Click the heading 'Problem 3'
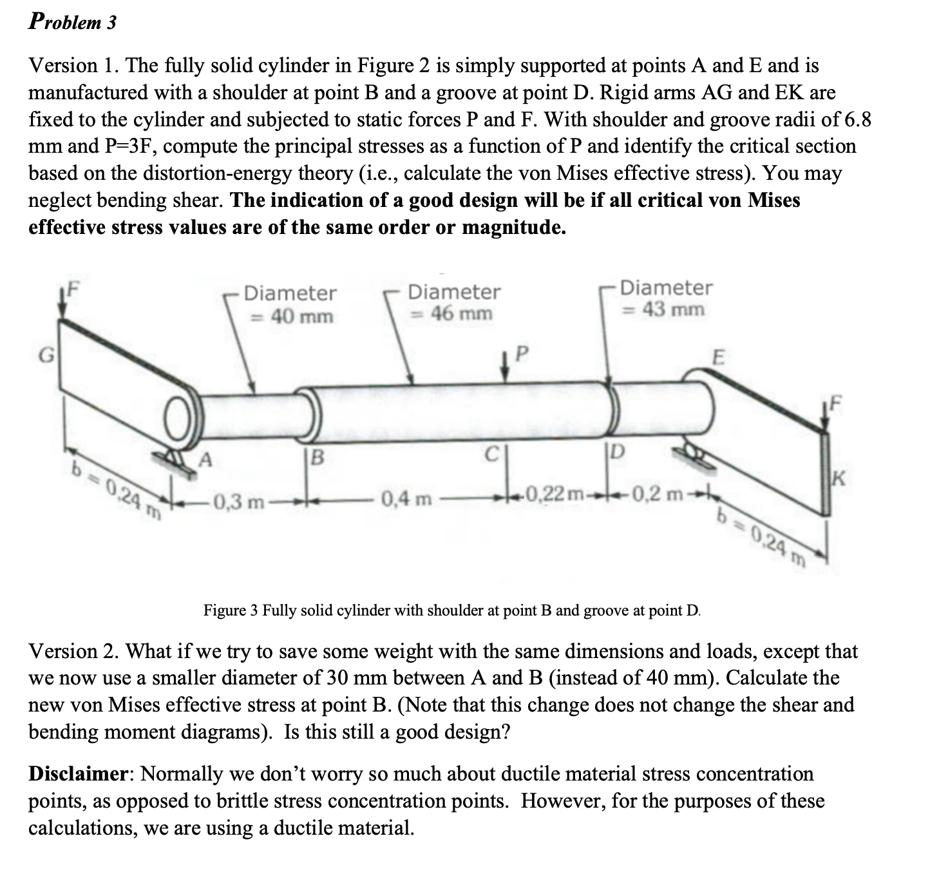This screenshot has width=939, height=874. [73, 22]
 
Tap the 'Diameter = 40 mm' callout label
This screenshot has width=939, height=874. [290, 304]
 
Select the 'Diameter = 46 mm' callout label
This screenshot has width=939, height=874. [453, 302]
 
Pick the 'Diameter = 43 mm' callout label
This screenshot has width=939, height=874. [666, 298]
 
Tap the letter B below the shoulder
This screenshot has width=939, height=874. [318, 459]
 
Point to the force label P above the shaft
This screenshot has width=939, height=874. [522, 353]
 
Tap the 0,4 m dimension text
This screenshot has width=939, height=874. [406, 498]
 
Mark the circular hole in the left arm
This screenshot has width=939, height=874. [176, 418]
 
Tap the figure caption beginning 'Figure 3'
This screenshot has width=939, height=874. [451, 610]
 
